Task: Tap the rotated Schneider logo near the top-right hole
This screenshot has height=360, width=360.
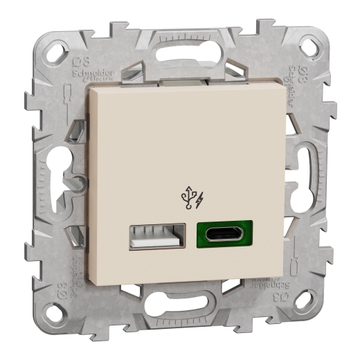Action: [x=292, y=80]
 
